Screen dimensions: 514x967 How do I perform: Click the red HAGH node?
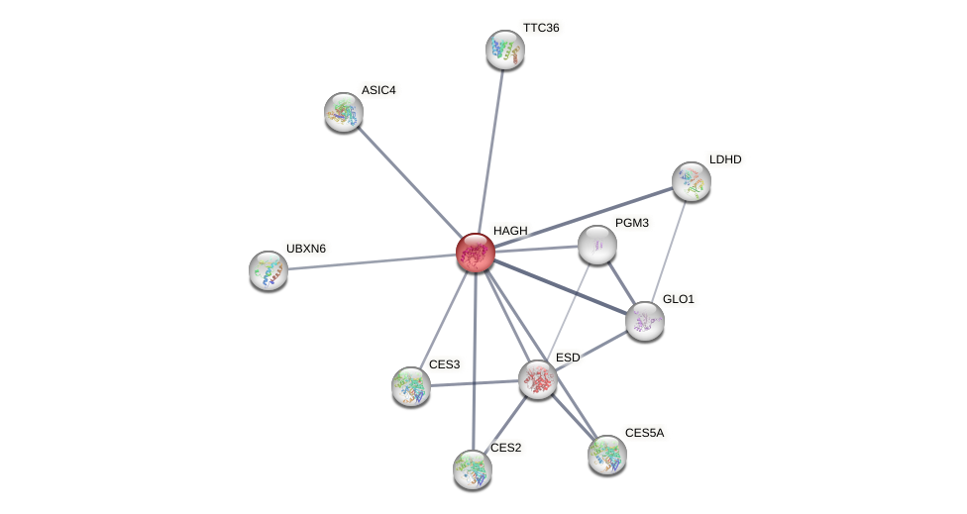476,253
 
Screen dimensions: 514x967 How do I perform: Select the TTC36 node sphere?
505,50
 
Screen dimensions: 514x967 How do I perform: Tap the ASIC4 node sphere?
344,112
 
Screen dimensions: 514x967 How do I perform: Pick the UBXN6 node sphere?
269,269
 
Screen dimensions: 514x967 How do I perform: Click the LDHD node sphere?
692,181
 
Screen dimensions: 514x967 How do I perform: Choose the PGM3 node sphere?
597,245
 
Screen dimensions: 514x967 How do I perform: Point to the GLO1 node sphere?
645,320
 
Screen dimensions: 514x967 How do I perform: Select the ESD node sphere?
538,378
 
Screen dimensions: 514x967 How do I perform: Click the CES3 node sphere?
411,385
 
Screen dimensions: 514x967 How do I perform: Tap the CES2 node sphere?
473,468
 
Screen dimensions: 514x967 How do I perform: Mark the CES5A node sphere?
607,455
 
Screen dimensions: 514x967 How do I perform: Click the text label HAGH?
510,231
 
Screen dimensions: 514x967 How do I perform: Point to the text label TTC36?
541,28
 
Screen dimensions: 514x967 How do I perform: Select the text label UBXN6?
305,249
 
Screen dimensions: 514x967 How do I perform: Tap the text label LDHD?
724,159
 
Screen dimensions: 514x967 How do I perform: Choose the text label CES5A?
644,433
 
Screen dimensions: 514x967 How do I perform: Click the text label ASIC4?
378,90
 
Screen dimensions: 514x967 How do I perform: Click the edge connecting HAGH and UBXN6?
372,261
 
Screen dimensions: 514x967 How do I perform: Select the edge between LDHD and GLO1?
669,250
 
